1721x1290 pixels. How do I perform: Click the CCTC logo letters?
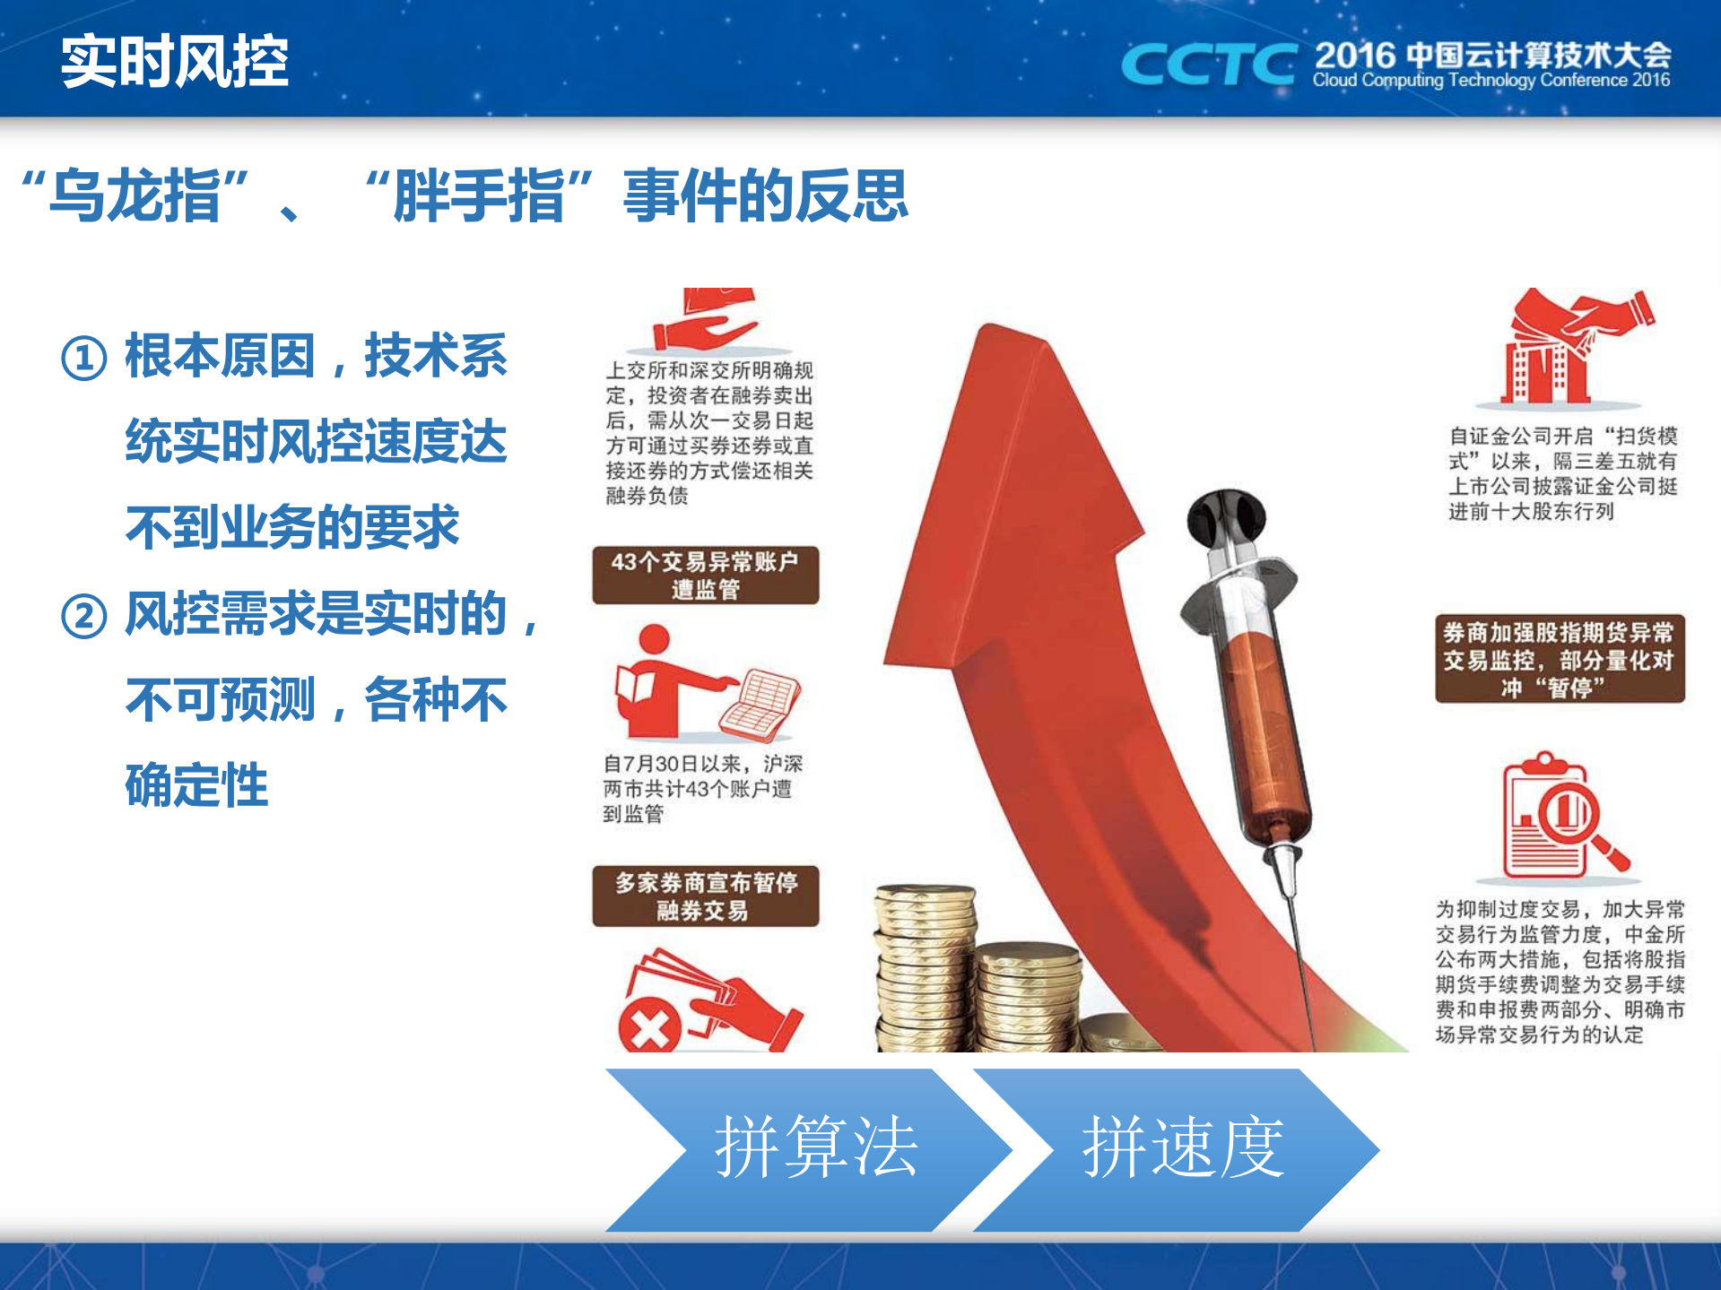tap(1207, 65)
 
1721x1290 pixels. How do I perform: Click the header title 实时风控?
tap(175, 62)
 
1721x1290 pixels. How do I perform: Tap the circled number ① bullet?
tap(84, 358)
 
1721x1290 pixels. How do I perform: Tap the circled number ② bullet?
tap(84, 616)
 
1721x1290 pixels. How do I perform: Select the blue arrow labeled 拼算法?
tap(807, 1149)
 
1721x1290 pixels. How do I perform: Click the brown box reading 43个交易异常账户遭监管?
tap(706, 576)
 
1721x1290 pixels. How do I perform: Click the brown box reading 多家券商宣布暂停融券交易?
tap(706, 896)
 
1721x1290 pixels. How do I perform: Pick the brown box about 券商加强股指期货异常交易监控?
tap(1560, 659)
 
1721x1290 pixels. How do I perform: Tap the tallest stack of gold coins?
tap(924, 968)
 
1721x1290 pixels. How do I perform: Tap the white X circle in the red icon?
tap(650, 1027)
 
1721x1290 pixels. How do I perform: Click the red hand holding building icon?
tap(1574, 345)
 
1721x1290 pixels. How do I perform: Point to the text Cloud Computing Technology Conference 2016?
tap(1491, 81)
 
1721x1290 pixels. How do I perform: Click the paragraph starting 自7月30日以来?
tap(702, 788)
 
